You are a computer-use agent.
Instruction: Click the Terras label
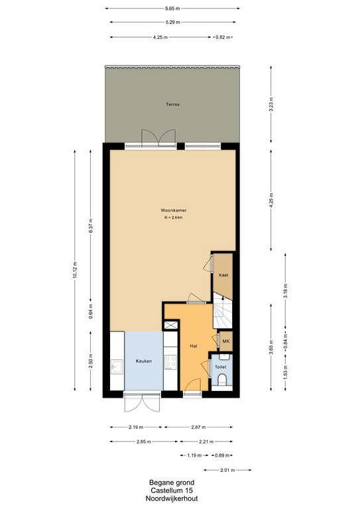172,105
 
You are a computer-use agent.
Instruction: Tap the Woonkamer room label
174,210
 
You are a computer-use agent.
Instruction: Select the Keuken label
143,361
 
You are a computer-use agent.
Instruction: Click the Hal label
194,346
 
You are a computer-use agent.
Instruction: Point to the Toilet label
220,367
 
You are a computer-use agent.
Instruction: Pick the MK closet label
226,341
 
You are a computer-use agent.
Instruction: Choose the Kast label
223,275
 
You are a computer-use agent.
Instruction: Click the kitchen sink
117,367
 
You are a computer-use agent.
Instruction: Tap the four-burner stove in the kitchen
170,363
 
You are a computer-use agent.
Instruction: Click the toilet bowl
222,380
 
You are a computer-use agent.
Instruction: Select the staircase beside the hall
223,310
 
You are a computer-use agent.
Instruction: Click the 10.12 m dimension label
75,270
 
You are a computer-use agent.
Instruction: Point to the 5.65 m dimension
172,9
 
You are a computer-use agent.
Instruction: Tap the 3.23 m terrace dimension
271,104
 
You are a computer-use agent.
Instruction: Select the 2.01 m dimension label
227,470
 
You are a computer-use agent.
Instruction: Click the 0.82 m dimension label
223,37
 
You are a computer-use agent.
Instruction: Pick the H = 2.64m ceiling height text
173,217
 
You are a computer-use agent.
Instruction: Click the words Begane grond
172,482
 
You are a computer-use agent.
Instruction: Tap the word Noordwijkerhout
172,499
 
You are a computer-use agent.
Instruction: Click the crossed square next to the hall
171,325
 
